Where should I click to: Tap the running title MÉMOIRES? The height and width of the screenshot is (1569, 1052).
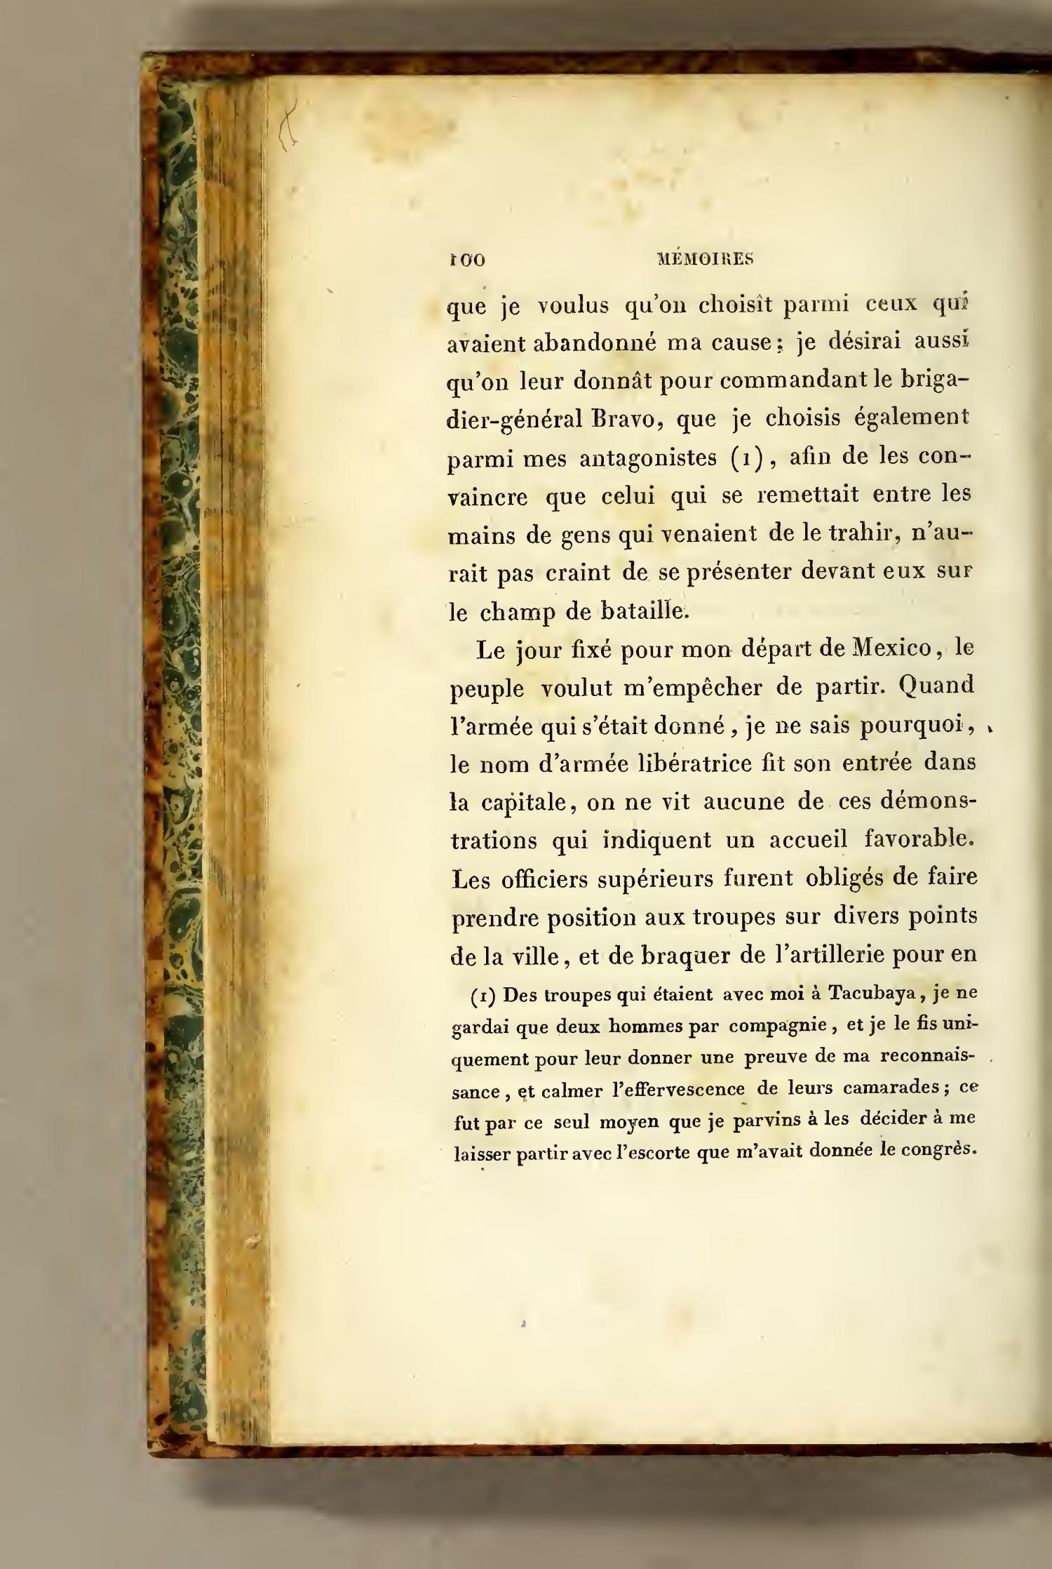pyautogui.click(x=705, y=259)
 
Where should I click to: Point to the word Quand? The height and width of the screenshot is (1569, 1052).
pyautogui.click(x=936, y=686)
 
